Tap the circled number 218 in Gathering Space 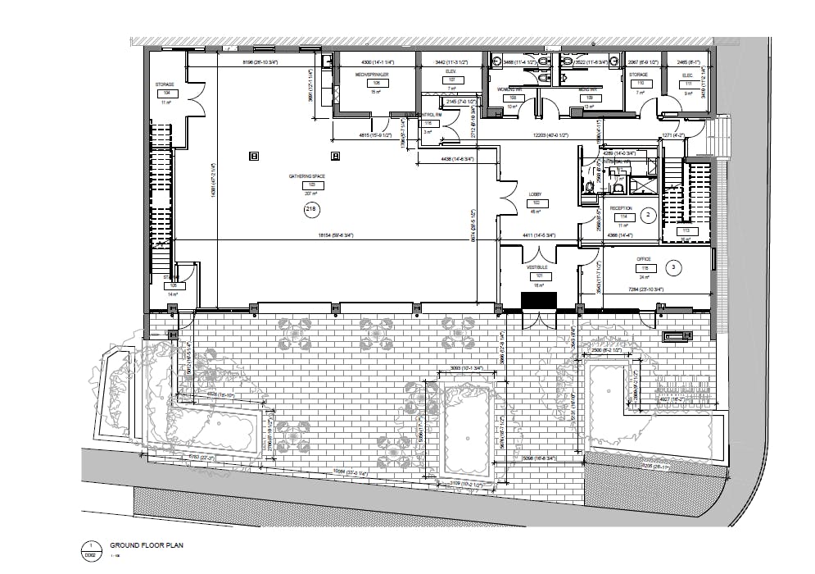pyautogui.click(x=310, y=210)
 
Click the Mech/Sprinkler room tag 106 pyautogui.click(x=376, y=83)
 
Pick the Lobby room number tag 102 pyautogui.click(x=537, y=202)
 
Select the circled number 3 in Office pyautogui.click(x=673, y=266)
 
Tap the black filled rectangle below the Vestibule pyautogui.click(x=539, y=301)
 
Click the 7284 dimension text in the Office pyautogui.click(x=646, y=289)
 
